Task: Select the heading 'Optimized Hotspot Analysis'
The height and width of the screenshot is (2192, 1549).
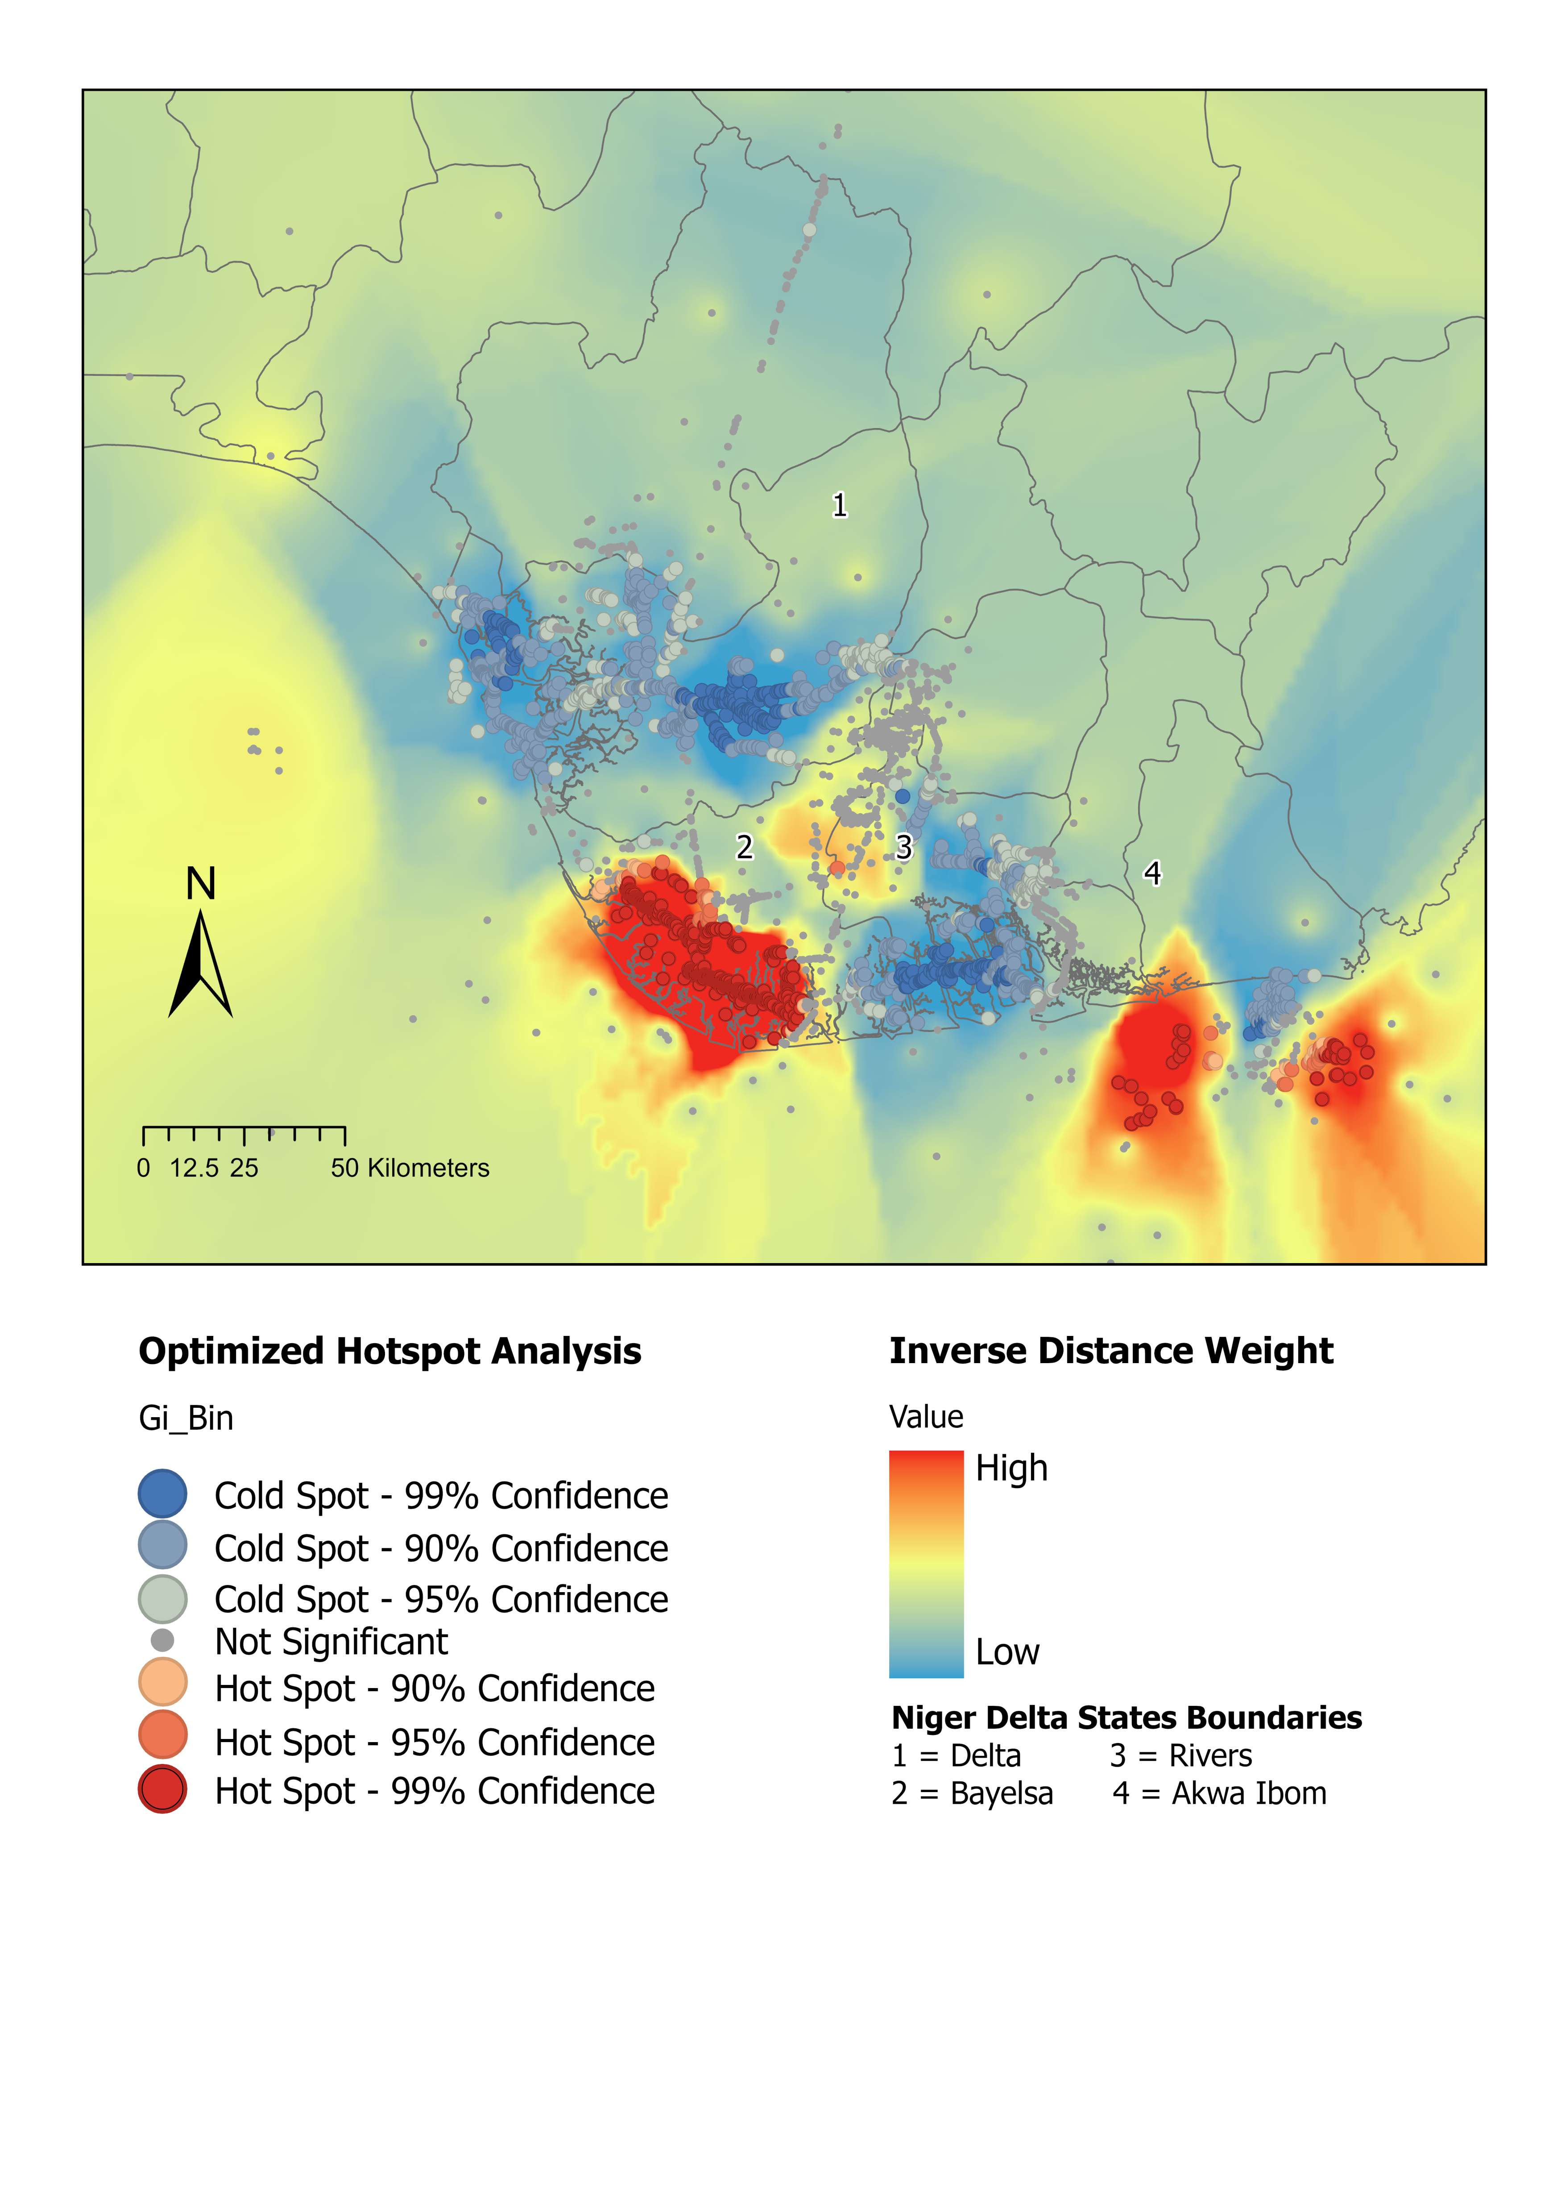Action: click(x=389, y=1351)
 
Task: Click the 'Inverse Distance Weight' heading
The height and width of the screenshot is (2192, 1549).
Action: click(x=1111, y=1351)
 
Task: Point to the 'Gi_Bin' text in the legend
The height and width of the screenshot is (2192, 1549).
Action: click(x=186, y=1418)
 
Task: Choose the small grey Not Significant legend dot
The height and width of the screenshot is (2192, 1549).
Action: click(x=162, y=1640)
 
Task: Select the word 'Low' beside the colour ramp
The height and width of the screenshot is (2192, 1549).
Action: click(x=1007, y=1651)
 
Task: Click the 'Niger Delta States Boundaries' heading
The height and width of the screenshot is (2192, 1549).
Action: click(x=1126, y=1718)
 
